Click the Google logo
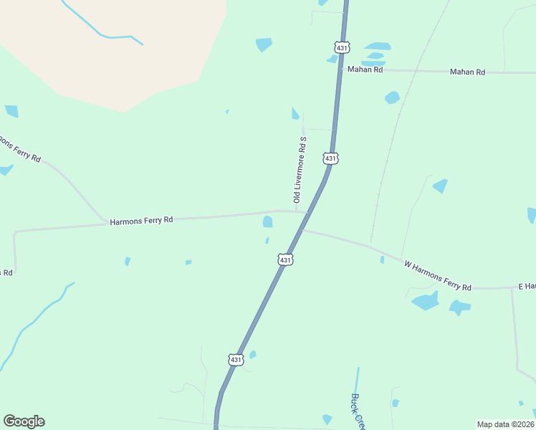[24, 421]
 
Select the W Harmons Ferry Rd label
[437, 276]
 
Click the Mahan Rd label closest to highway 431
[365, 70]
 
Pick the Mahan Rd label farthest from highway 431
[467, 72]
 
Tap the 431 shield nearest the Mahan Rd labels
[341, 47]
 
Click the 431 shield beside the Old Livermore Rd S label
[330, 158]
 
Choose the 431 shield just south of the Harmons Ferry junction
[285, 259]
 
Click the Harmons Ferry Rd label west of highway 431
[141, 221]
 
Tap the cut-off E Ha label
[527, 287]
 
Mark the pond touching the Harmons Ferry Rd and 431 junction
[267, 222]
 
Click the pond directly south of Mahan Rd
[392, 97]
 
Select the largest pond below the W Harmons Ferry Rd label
[426, 301]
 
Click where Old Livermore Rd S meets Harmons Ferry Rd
[296, 211]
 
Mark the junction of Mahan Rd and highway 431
[339, 70]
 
